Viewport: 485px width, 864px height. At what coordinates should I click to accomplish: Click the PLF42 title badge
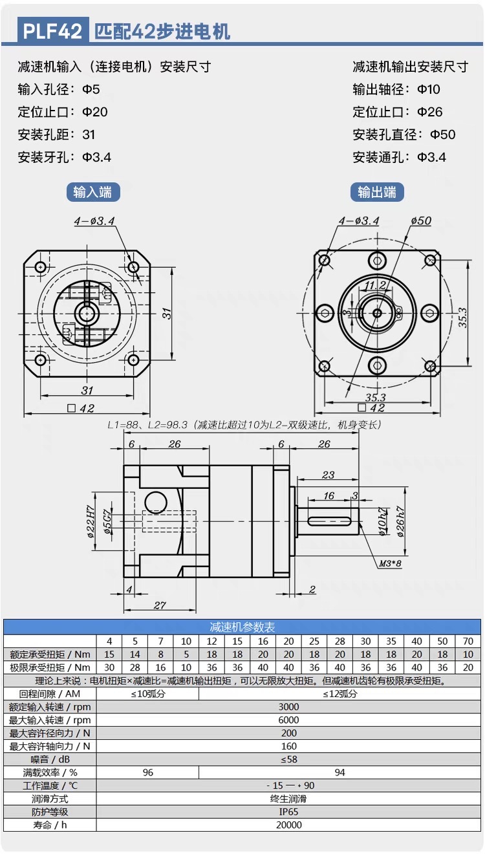[53, 30]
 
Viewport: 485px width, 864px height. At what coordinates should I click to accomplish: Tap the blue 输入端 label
[93, 192]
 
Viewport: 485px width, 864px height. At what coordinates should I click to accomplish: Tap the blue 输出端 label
[377, 192]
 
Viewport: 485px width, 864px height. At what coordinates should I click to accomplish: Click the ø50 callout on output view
[421, 221]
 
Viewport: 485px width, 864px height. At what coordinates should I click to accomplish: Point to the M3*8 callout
[390, 563]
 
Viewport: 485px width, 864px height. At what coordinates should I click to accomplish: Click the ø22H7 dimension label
[90, 521]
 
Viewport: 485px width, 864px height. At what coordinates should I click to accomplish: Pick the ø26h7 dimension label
[400, 521]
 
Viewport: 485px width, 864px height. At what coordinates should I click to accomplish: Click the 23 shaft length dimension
[328, 475]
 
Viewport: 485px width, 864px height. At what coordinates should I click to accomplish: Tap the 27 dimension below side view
[160, 605]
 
